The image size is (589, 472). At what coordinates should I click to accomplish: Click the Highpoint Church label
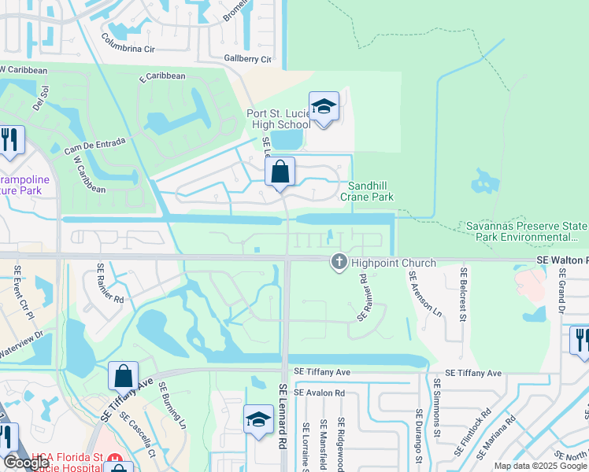[393, 263]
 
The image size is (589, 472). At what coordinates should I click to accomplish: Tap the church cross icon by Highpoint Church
[339, 262]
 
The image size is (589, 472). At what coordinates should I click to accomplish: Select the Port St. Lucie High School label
[279, 119]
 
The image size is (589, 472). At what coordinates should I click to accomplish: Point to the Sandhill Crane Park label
[367, 192]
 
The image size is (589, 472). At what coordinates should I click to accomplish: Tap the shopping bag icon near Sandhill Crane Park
[280, 171]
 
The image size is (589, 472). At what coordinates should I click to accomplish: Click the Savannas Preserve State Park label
[526, 230]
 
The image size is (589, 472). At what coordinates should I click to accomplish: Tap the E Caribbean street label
[162, 77]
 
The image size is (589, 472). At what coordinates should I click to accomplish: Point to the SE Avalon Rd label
[319, 392]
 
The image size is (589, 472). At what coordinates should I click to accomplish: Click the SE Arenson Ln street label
[425, 293]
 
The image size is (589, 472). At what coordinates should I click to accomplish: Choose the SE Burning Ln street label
[172, 404]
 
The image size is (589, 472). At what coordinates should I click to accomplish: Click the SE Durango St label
[419, 433]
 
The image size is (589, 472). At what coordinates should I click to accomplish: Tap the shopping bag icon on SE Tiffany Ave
[124, 376]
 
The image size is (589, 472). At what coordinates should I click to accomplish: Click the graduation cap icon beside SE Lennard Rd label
[258, 420]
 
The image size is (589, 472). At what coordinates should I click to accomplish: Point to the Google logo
[26, 463]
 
